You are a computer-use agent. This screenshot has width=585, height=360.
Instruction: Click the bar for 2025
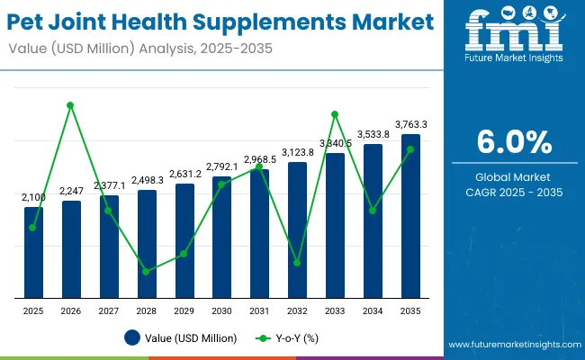tap(33, 253)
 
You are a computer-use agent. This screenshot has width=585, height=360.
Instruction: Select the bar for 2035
tap(410, 216)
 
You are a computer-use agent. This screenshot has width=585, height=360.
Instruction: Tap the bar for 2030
tap(221, 238)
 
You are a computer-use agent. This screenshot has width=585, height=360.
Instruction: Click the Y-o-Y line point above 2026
tap(70, 105)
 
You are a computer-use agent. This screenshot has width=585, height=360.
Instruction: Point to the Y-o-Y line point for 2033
tap(335, 114)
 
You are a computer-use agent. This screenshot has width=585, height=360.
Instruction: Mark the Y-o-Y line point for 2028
tap(146, 271)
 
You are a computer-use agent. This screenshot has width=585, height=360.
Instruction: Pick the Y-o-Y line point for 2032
tap(297, 263)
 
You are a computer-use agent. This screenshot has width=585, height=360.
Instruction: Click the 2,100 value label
tap(33, 197)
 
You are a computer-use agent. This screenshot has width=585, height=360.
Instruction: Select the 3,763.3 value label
tap(410, 124)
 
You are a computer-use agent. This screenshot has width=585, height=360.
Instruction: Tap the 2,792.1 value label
tap(221, 166)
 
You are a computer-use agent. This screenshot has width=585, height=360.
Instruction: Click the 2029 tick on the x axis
tap(184, 310)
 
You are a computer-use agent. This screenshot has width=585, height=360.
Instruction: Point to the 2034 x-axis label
tap(373, 310)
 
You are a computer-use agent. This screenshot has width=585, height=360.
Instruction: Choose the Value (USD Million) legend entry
tap(181, 338)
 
